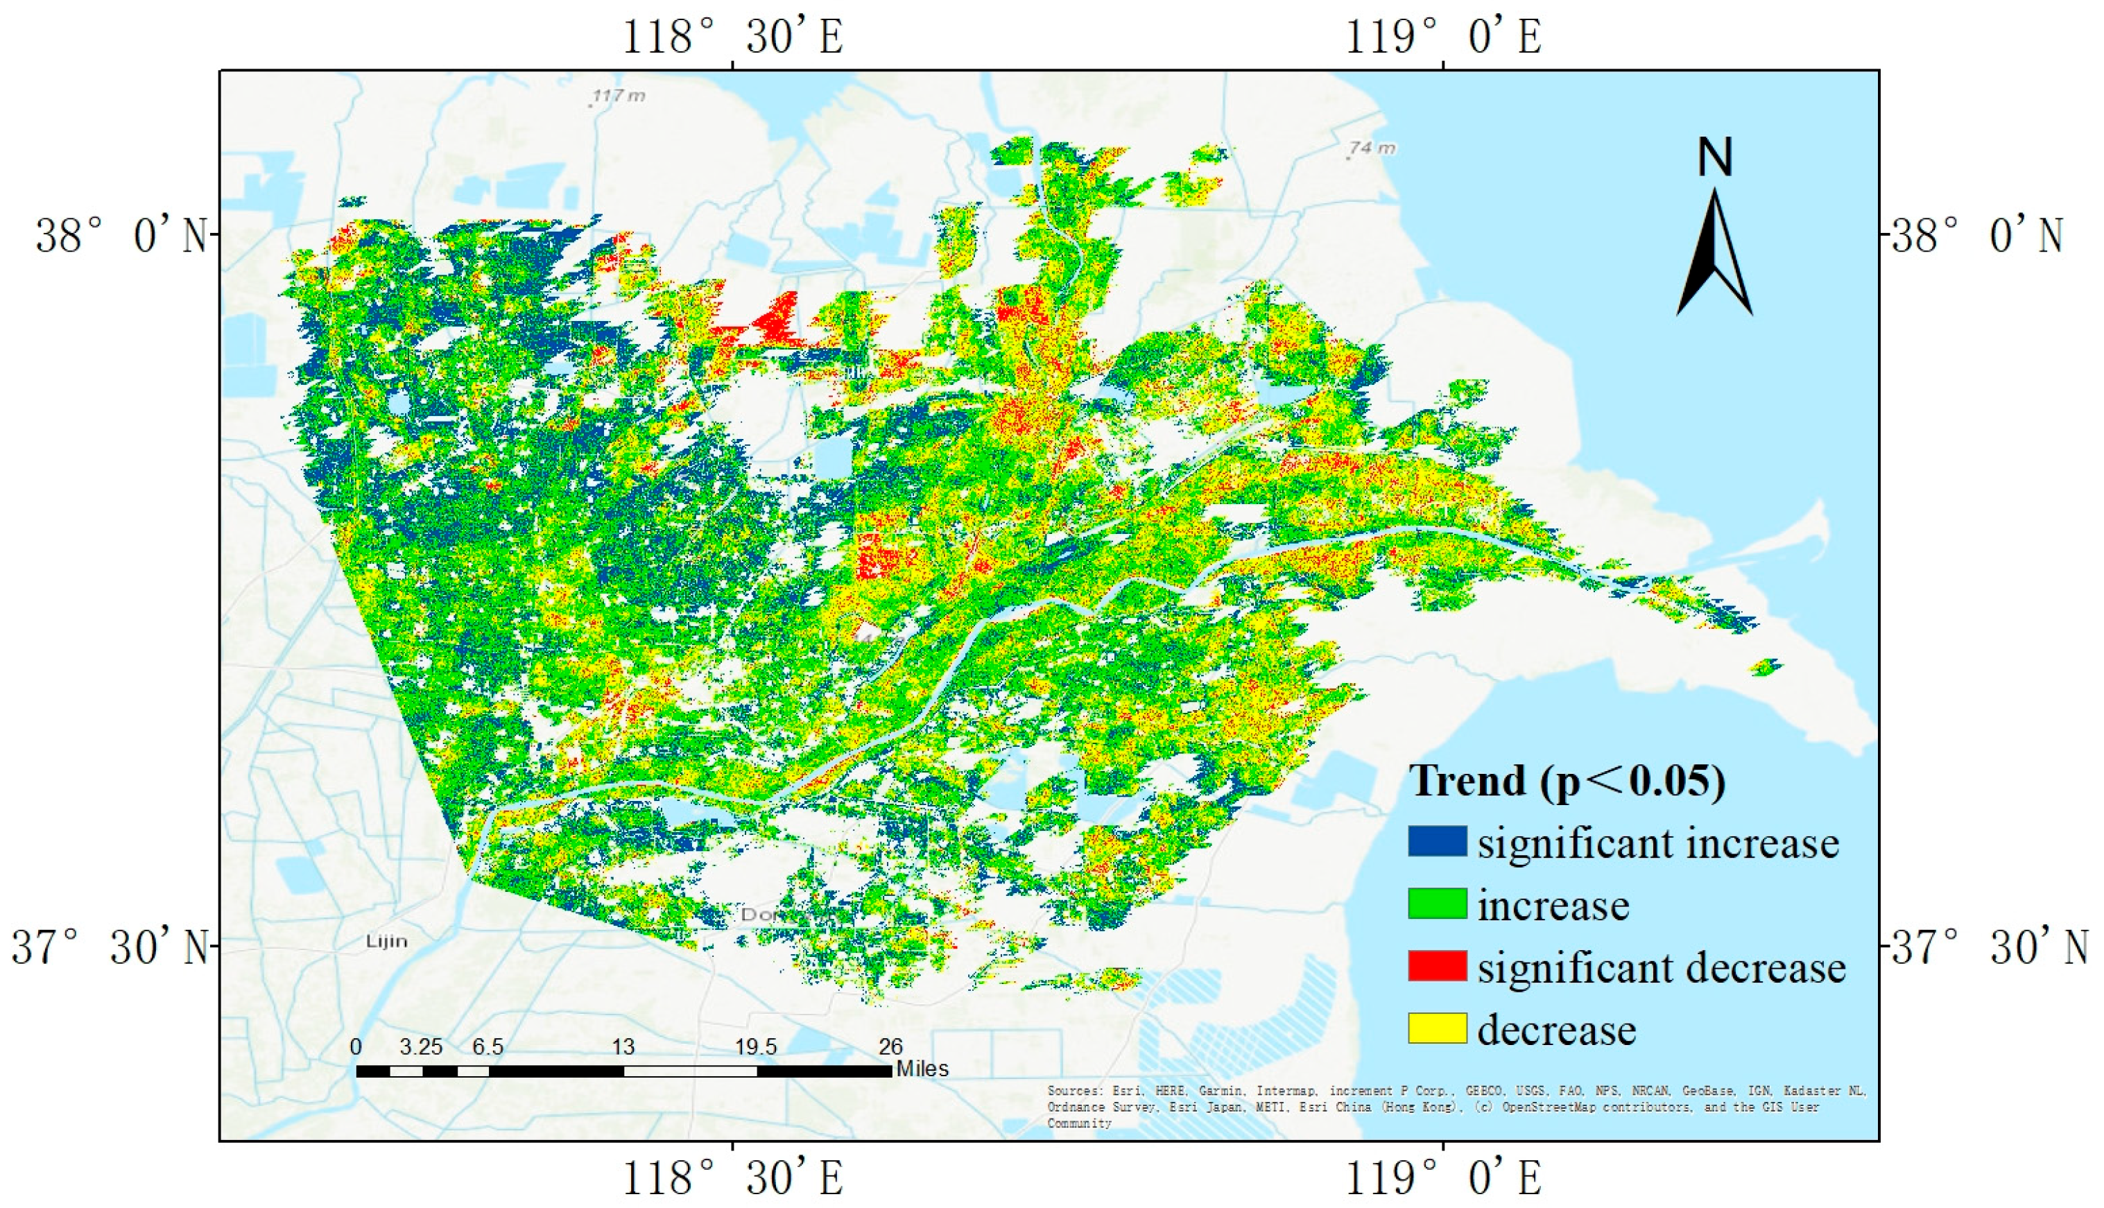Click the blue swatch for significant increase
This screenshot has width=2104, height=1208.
(1436, 841)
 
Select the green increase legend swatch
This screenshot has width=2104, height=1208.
(1436, 904)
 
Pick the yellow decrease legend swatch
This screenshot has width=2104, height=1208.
(1436, 1028)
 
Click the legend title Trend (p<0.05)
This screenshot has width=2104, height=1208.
(1567, 781)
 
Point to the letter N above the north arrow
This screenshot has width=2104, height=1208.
(1715, 157)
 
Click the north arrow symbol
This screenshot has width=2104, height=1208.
(1714, 253)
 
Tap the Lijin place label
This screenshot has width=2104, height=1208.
(387, 941)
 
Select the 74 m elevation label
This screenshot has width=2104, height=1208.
(1372, 148)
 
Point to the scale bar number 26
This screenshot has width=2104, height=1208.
(890, 1047)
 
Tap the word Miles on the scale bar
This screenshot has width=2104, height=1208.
(922, 1069)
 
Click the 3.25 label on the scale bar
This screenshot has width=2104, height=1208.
(421, 1047)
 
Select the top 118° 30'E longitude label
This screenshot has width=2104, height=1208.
(732, 37)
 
